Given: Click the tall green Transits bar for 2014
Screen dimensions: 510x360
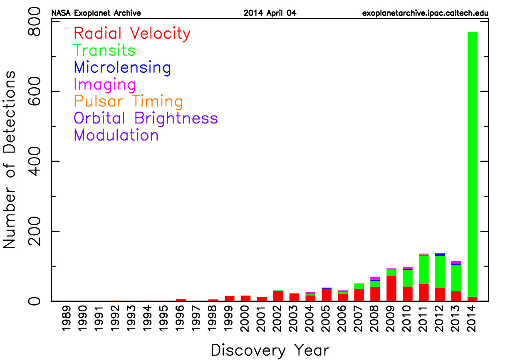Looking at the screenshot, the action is click(473, 164).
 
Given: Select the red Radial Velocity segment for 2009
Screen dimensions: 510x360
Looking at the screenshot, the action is click(391, 288).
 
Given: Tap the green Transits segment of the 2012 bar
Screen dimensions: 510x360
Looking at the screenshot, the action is click(440, 272).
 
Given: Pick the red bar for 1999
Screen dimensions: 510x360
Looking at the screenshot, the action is click(230, 298).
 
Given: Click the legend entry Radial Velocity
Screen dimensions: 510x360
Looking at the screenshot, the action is click(132, 34).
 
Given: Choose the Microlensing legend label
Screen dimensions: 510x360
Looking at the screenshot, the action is click(122, 68).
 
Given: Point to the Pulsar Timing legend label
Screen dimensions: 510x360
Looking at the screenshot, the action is click(128, 101).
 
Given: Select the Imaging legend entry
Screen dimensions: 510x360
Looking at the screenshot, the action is click(105, 85).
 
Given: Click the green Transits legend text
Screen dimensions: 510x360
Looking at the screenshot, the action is click(104, 50).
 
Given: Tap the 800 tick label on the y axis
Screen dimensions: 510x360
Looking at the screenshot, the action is click(34, 21).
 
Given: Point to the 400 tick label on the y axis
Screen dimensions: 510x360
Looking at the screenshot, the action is click(34, 161).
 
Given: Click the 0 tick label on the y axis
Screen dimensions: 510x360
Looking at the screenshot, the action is click(34, 301).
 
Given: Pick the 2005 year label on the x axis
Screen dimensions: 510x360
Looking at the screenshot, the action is click(327, 318).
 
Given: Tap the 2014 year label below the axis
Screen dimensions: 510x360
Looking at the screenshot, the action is click(472, 318).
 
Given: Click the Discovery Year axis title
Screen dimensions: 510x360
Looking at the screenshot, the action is click(270, 350).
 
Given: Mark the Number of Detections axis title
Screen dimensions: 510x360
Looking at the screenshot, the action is click(9, 160).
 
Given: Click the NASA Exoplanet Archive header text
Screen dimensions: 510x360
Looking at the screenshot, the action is click(96, 13).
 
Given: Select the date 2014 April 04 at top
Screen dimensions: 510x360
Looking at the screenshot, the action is click(270, 13).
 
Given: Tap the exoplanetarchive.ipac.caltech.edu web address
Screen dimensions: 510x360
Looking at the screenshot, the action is click(425, 13).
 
